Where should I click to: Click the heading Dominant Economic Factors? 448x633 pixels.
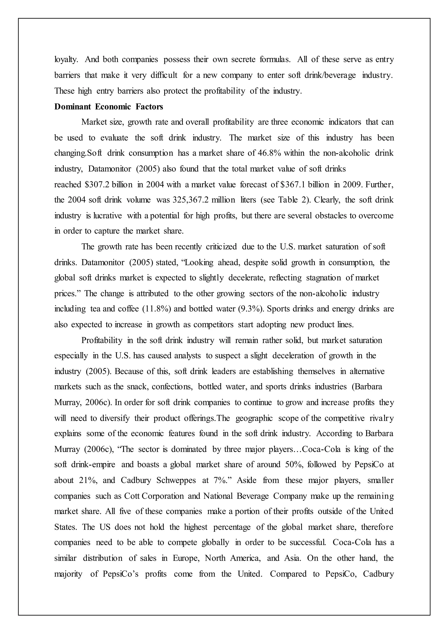[x=108, y=107]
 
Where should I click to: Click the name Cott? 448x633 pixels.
[x=132, y=496]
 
